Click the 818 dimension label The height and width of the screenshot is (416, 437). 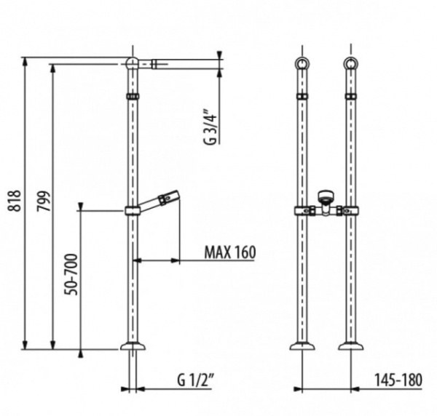click(x=15, y=201)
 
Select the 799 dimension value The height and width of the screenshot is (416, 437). click(x=44, y=201)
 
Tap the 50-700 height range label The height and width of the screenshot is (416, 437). click(x=71, y=274)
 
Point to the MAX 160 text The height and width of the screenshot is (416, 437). click(x=230, y=252)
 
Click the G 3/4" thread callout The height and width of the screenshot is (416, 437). click(x=210, y=127)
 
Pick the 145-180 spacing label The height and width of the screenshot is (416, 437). click(x=398, y=380)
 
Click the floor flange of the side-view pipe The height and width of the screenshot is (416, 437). click(x=133, y=346)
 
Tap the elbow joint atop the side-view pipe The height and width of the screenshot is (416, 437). click(x=132, y=63)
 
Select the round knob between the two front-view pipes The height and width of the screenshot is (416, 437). click(x=326, y=195)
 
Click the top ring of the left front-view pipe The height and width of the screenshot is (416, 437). click(x=302, y=63)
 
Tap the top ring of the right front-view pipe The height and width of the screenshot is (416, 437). click(x=350, y=63)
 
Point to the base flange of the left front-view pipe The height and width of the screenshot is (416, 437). click(x=302, y=346)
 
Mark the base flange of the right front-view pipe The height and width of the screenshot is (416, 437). click(x=351, y=346)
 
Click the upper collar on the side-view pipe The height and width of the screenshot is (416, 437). click(x=133, y=97)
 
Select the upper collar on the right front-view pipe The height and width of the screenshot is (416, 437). click(x=351, y=97)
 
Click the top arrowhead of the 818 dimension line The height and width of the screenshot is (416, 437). click(x=25, y=62)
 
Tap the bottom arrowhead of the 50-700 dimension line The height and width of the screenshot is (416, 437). click(x=81, y=353)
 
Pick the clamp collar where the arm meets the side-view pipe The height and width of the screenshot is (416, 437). click(x=132, y=211)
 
